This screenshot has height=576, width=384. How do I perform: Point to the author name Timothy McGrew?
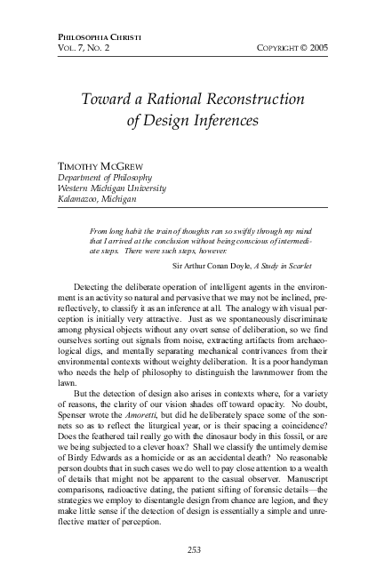tap(99, 165)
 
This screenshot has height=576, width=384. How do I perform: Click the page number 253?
tap(192, 549)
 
